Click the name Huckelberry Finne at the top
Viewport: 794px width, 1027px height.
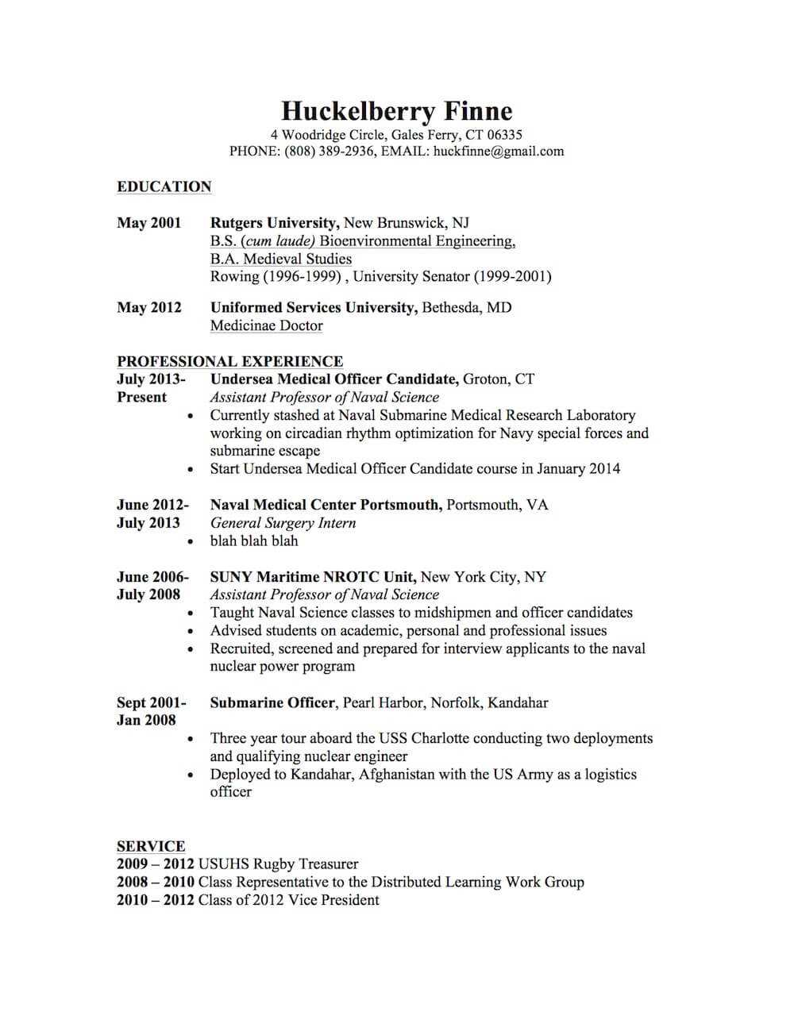[396, 111]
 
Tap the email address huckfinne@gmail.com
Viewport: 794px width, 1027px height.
[499, 151]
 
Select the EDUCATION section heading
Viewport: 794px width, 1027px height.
[164, 187]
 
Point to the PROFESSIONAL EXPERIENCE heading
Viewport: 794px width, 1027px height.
[230, 361]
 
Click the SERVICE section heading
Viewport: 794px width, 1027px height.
[151, 846]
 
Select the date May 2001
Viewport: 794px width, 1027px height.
[149, 223]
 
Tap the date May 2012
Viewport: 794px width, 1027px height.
[149, 307]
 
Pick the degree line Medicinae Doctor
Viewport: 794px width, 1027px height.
[266, 325]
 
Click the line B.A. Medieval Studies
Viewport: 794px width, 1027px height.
[280, 259]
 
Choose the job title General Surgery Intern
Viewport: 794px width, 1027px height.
[283, 523]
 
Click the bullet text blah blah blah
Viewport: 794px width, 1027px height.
[254, 540]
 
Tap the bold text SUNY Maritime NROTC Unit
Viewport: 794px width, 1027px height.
[313, 577]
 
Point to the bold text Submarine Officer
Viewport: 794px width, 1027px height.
[273, 702]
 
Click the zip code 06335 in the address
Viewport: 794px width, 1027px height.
[504, 134]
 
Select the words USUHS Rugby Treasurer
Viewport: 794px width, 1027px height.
[278, 864]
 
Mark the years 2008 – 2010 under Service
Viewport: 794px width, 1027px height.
[156, 882]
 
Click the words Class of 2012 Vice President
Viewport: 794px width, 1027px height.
[288, 900]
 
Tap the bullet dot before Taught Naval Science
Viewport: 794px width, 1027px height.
[191, 614]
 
